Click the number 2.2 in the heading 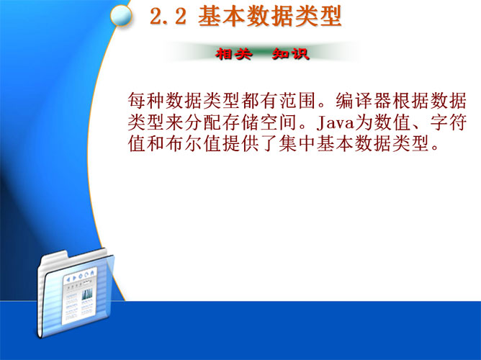point(168,16)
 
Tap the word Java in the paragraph point(335,122)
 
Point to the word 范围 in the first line point(298,101)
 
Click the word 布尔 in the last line point(184,143)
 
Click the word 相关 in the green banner point(234,54)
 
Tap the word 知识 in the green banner point(290,54)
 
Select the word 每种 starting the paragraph point(147,101)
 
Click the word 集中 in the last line point(298,143)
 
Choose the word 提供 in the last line point(241,143)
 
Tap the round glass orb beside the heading point(121,16)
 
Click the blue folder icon point(76,294)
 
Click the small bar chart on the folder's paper point(87,294)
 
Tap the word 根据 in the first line point(411,101)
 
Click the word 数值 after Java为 point(392,122)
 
